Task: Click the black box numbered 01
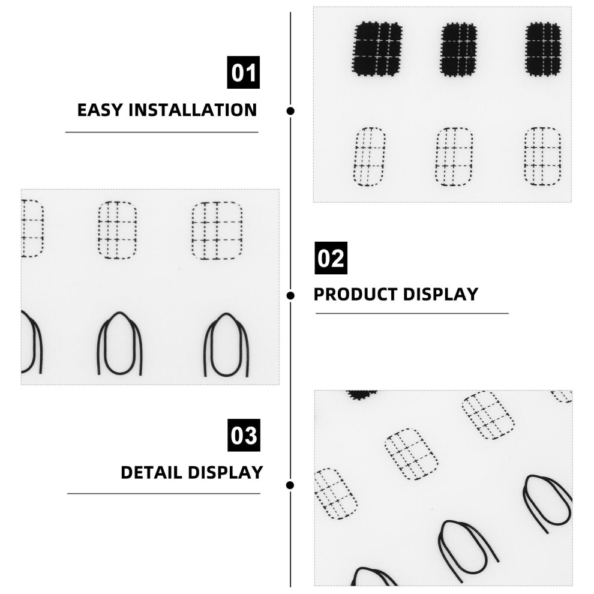tap(243, 73)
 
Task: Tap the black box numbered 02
tap(331, 258)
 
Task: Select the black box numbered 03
tap(244, 435)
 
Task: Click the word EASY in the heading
tap(100, 110)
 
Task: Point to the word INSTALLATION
tap(193, 110)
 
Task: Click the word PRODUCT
tap(355, 295)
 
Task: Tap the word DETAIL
tap(152, 472)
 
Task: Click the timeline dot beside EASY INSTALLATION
tap(290, 111)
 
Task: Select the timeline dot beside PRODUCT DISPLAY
tap(290, 295)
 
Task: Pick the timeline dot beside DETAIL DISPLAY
tap(290, 485)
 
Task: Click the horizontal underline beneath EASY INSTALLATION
tap(162, 132)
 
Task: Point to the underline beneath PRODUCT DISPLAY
tap(412, 313)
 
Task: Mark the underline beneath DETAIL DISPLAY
tap(164, 494)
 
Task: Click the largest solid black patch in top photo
tap(377, 49)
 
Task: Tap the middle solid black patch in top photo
tap(459, 50)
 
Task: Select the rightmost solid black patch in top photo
tap(543, 49)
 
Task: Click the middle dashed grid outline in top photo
tap(454, 157)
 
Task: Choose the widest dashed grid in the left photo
tap(217, 230)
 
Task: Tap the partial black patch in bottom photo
tap(362, 395)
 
